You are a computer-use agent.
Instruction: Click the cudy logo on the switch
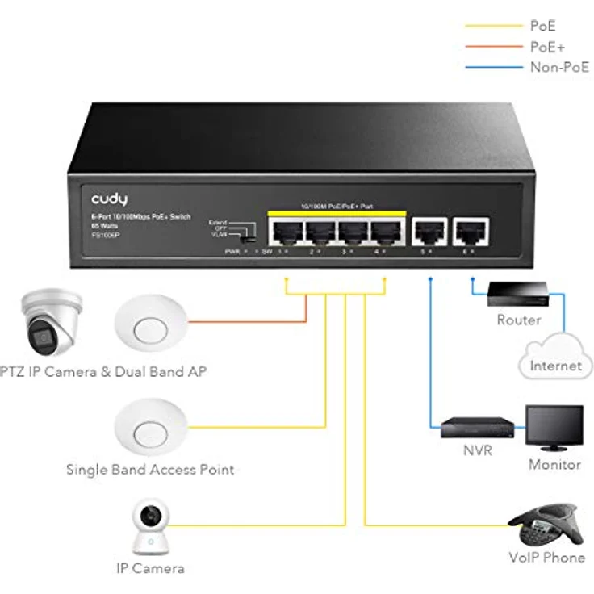109,199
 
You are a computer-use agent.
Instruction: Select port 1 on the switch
286,233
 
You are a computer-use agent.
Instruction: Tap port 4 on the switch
383,233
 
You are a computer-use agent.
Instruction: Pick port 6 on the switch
468,232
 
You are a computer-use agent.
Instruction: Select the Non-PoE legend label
558,68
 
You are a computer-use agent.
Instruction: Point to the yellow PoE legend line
493,27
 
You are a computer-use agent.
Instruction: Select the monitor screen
554,425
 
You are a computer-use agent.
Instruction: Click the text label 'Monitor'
554,464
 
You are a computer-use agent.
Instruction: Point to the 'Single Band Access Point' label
150,469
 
